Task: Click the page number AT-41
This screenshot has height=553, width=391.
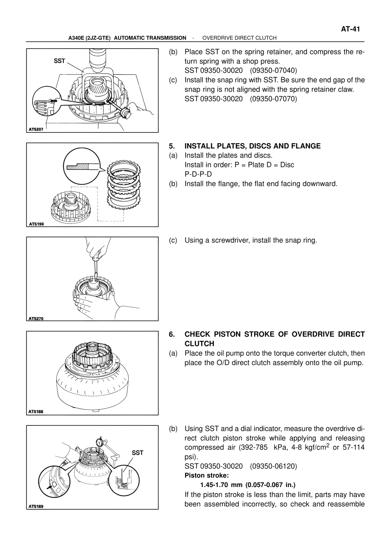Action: tap(350, 29)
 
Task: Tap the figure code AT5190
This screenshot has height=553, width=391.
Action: tap(36, 224)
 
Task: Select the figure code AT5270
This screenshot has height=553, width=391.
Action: tap(36, 318)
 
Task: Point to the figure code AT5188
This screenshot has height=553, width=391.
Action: tap(36, 412)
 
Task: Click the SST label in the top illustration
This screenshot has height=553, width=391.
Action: tap(59, 61)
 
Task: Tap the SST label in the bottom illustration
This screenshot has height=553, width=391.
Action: tap(137, 453)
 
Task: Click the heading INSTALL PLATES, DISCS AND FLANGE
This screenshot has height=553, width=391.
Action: tap(252, 146)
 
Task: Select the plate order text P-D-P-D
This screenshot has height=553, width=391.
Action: tap(198, 174)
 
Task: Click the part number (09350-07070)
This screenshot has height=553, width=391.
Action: tap(273, 99)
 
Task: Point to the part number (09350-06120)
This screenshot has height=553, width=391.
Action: tap(273, 466)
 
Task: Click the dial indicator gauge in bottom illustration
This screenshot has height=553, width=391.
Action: tap(99, 442)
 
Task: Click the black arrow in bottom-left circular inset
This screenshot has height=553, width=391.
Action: tap(49, 488)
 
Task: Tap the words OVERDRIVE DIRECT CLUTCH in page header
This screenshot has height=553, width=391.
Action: tap(239, 38)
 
